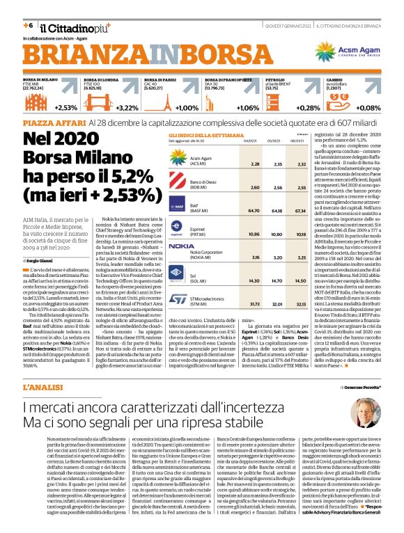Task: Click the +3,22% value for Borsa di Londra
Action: click(x=127, y=108)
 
